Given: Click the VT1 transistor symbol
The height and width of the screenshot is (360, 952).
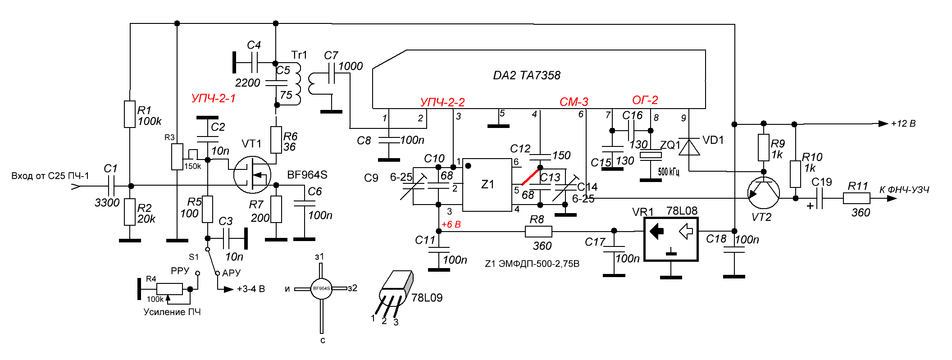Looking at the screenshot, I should point(252,175).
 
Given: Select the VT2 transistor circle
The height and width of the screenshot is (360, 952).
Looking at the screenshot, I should point(763,193).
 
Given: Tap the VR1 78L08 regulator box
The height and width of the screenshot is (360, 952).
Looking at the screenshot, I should point(671,239).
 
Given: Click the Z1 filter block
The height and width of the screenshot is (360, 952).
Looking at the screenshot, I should point(487,185).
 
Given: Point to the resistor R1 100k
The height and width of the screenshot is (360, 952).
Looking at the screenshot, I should point(130,114).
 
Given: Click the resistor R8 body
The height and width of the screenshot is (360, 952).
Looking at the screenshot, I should point(538,232).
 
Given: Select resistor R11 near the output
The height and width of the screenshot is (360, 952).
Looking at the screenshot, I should point(856,198).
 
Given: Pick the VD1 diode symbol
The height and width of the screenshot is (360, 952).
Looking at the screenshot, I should point(689,147).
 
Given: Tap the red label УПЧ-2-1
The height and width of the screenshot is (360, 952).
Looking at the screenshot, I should point(213,98).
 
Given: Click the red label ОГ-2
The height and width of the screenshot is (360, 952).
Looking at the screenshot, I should point(645,100).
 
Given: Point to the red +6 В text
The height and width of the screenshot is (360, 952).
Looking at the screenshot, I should point(451,224).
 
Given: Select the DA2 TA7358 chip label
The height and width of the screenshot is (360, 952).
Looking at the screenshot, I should point(526,75).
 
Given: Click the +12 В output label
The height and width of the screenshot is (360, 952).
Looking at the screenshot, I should point(903,123).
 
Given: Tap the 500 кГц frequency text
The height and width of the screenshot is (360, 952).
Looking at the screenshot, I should point(668,172).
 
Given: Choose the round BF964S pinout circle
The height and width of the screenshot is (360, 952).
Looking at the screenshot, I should point(321,288).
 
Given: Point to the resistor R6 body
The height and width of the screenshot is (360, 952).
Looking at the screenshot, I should point(276,140).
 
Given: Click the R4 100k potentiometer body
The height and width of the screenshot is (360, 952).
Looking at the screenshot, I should point(169,289).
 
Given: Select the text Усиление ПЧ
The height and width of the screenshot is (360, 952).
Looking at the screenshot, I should point(172,312).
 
